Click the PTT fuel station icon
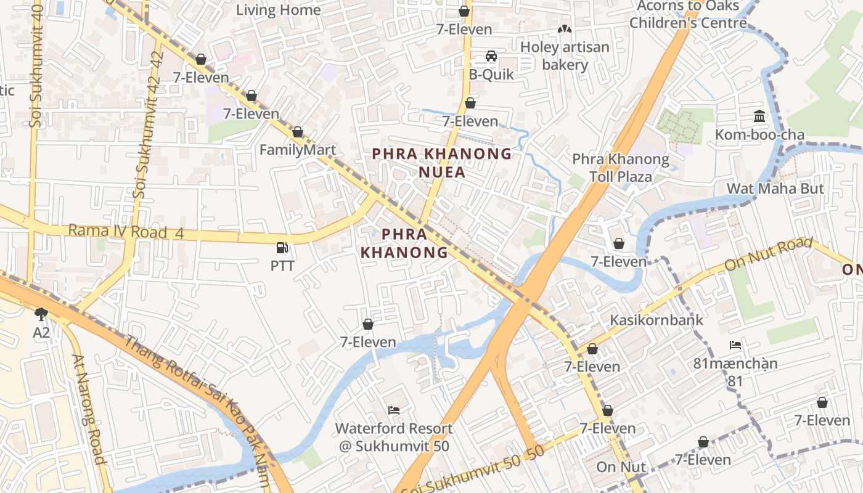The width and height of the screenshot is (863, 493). click(x=282, y=248)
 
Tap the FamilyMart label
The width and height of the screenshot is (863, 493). click(x=298, y=150)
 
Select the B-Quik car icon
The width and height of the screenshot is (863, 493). click(x=491, y=56)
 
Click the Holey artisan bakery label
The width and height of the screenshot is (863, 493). click(x=564, y=56)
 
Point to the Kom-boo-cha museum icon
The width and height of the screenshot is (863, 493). click(x=759, y=116)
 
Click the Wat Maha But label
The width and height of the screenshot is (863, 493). click(x=775, y=189)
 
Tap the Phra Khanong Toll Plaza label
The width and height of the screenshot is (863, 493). click(x=620, y=168)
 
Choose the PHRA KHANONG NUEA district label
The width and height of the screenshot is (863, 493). click(x=442, y=163)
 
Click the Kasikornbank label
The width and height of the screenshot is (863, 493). click(x=656, y=320)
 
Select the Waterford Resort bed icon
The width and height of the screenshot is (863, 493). click(x=394, y=410)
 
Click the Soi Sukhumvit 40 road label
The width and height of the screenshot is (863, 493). click(x=35, y=65)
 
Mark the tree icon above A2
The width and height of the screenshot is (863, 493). click(x=41, y=315)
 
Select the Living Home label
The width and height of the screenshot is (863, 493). click(x=278, y=10)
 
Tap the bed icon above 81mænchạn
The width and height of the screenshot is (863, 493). click(x=735, y=345)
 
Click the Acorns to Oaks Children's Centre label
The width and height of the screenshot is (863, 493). click(x=687, y=15)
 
